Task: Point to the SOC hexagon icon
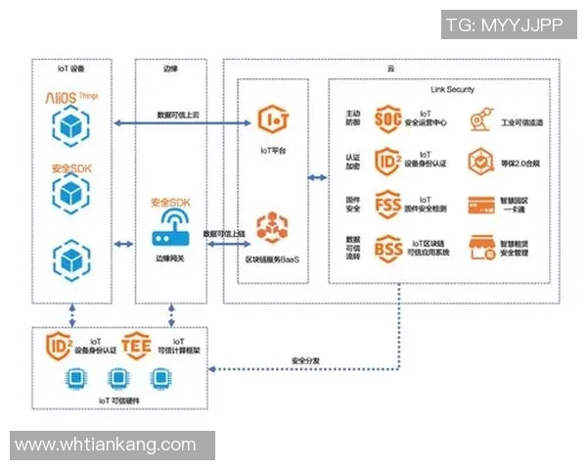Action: tap(388, 120)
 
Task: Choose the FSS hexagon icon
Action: tap(388, 205)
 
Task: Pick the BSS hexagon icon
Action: tap(388, 246)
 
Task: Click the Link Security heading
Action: tap(452, 89)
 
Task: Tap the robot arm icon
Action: tap(478, 120)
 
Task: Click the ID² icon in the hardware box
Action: tap(60, 345)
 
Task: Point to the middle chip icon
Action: tap(117, 378)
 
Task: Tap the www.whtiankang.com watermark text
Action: tap(107, 445)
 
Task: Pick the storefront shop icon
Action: tap(479, 247)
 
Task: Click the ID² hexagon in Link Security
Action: tap(388, 162)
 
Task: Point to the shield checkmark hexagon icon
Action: tap(479, 162)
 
